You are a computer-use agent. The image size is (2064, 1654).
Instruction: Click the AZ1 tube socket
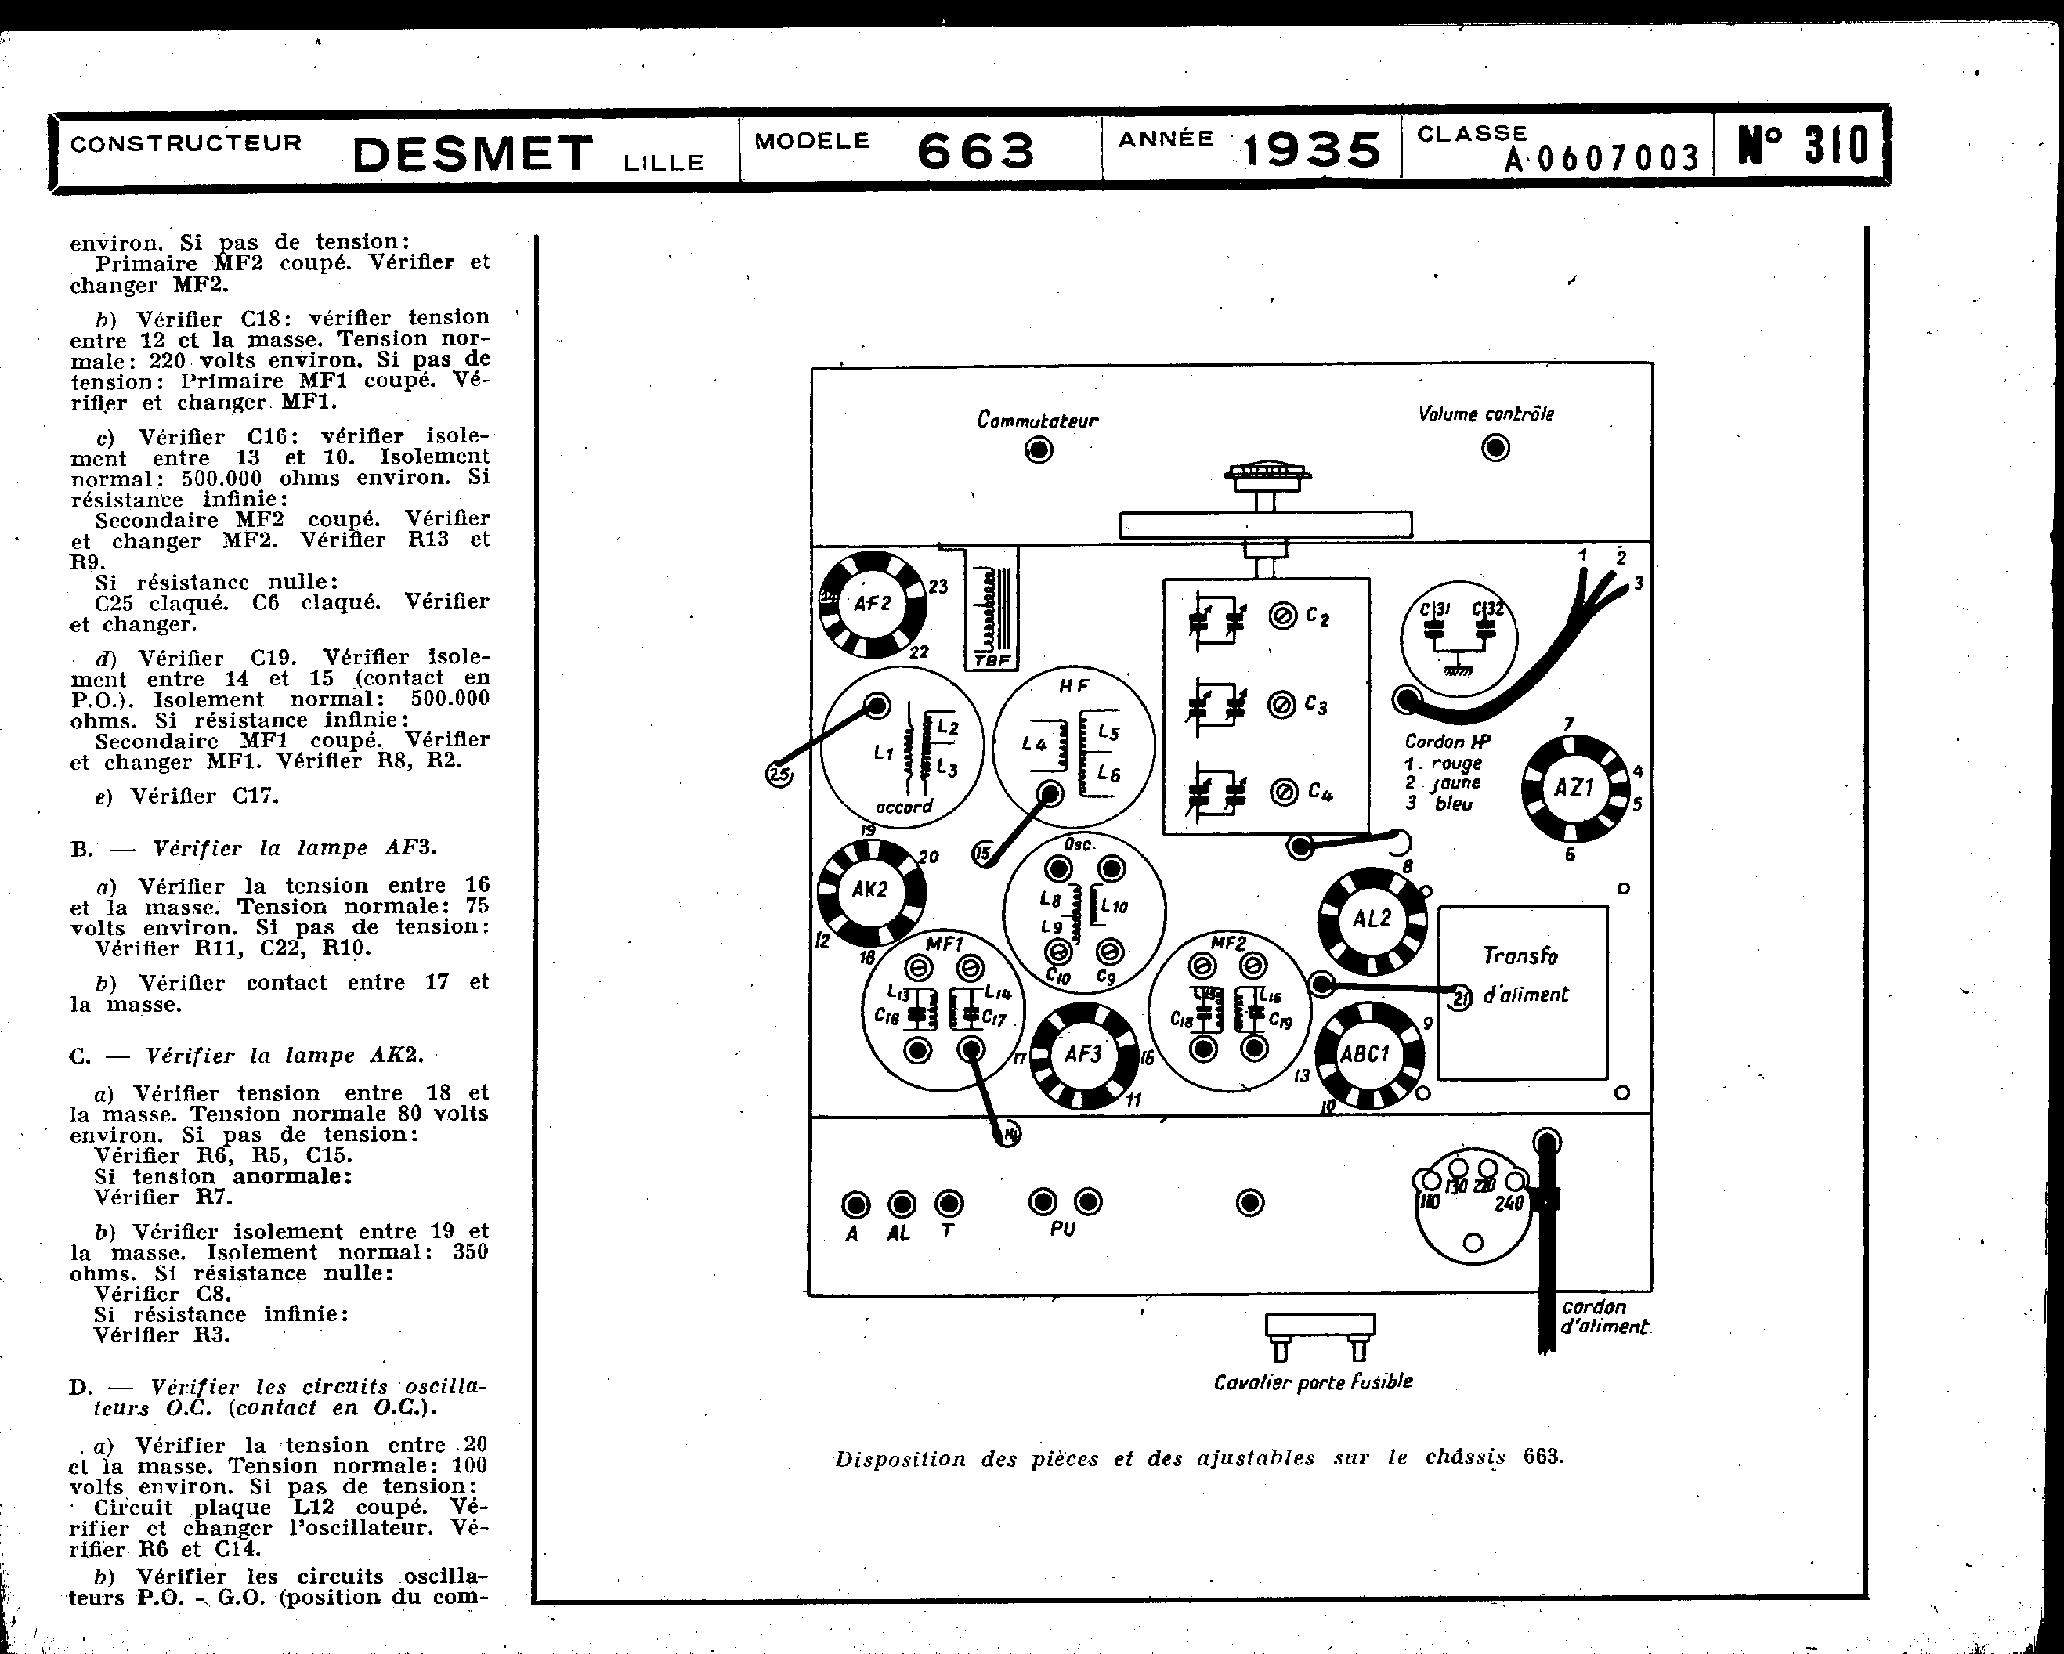(x=1574, y=788)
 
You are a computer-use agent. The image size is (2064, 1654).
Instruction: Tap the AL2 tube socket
(x=1371, y=920)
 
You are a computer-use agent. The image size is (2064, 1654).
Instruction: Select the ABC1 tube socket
(x=1366, y=1055)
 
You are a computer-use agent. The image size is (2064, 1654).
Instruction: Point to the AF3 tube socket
(x=1083, y=1055)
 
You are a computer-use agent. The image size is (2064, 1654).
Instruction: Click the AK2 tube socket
(x=870, y=890)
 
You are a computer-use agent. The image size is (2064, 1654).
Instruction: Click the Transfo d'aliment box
(x=1522, y=992)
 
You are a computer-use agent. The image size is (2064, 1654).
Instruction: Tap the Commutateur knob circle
(x=1039, y=450)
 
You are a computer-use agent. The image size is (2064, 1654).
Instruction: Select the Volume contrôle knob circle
(x=1495, y=447)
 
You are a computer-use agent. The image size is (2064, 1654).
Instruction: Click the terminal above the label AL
(x=902, y=1203)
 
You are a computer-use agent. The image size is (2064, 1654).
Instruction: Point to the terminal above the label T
(x=948, y=1203)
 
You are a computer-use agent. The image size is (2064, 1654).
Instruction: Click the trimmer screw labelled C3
(x=1281, y=706)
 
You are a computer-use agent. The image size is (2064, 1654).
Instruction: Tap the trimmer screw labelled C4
(x=1284, y=792)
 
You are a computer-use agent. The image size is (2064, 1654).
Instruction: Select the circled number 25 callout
(x=780, y=775)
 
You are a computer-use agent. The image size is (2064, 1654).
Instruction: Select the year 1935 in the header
(x=1311, y=150)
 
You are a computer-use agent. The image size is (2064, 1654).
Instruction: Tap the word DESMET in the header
(x=474, y=155)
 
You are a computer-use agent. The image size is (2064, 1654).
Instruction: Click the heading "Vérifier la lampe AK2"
(x=284, y=1056)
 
